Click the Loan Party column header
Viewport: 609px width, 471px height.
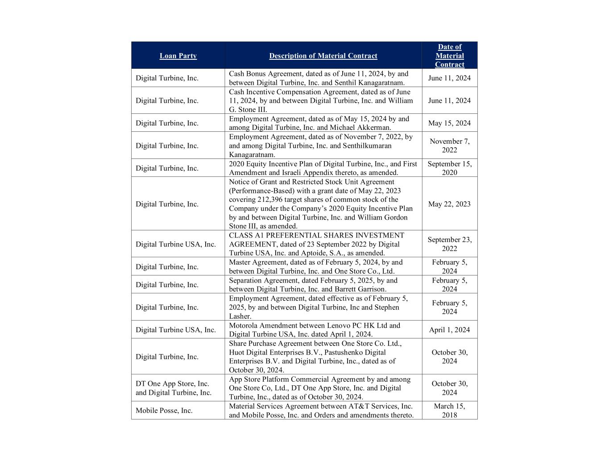coord(178,56)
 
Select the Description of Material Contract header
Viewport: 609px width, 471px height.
coord(323,56)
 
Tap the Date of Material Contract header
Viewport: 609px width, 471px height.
coord(449,55)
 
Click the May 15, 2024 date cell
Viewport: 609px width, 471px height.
coord(449,123)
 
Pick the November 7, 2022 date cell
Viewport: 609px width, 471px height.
coord(449,146)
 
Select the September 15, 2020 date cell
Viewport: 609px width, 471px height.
coord(449,168)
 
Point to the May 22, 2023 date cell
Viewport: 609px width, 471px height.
coord(449,204)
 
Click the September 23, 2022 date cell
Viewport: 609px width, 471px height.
coord(449,244)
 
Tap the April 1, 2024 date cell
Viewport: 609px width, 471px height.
coord(449,330)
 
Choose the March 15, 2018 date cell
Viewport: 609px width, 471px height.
coord(449,410)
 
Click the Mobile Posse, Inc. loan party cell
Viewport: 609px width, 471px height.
coord(164,411)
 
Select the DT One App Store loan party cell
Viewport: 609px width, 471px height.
coord(174,388)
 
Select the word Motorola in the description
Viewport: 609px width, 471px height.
coord(244,325)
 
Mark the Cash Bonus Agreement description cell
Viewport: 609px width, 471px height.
coord(323,78)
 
